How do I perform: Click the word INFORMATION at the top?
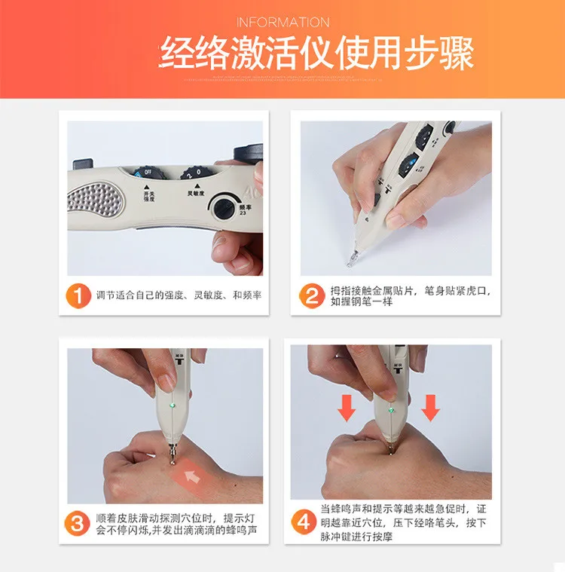pyautogui.click(x=282, y=23)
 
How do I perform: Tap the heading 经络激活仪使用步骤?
pyautogui.click(x=316, y=53)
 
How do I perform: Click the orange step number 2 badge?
pyautogui.click(x=311, y=295)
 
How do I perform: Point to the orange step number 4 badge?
pyautogui.click(x=304, y=522)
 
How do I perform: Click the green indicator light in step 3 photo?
pyautogui.click(x=173, y=405)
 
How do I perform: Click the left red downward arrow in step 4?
pyautogui.click(x=347, y=407)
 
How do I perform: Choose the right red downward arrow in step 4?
pyautogui.click(x=431, y=407)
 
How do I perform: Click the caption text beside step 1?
pyautogui.click(x=179, y=295)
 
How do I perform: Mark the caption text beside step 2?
pyautogui.click(x=410, y=295)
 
